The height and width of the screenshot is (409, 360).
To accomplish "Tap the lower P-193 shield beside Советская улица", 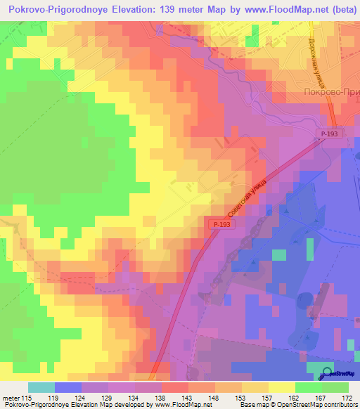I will point(219,224).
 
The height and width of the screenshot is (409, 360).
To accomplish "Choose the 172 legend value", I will point(346,397).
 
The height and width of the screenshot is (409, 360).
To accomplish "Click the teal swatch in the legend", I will point(41,387).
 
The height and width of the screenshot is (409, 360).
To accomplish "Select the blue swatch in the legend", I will point(68,387).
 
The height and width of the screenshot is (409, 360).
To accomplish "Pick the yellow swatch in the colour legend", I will point(281,387).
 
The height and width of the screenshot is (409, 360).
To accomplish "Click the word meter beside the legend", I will point(8,397).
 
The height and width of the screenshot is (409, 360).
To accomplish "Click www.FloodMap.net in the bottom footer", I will point(181,405).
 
